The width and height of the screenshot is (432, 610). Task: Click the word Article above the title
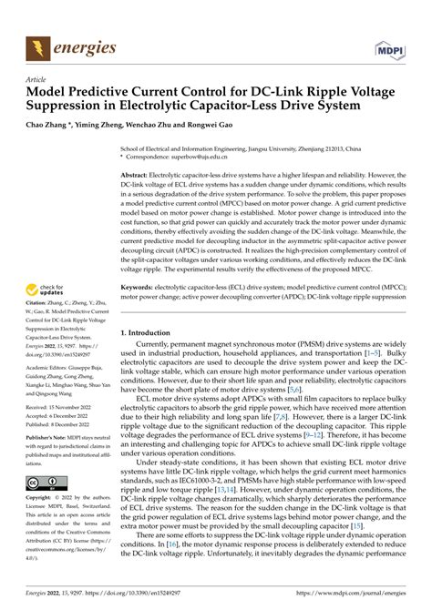[x=38, y=80]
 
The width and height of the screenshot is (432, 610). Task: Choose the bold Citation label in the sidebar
[x=41, y=314]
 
